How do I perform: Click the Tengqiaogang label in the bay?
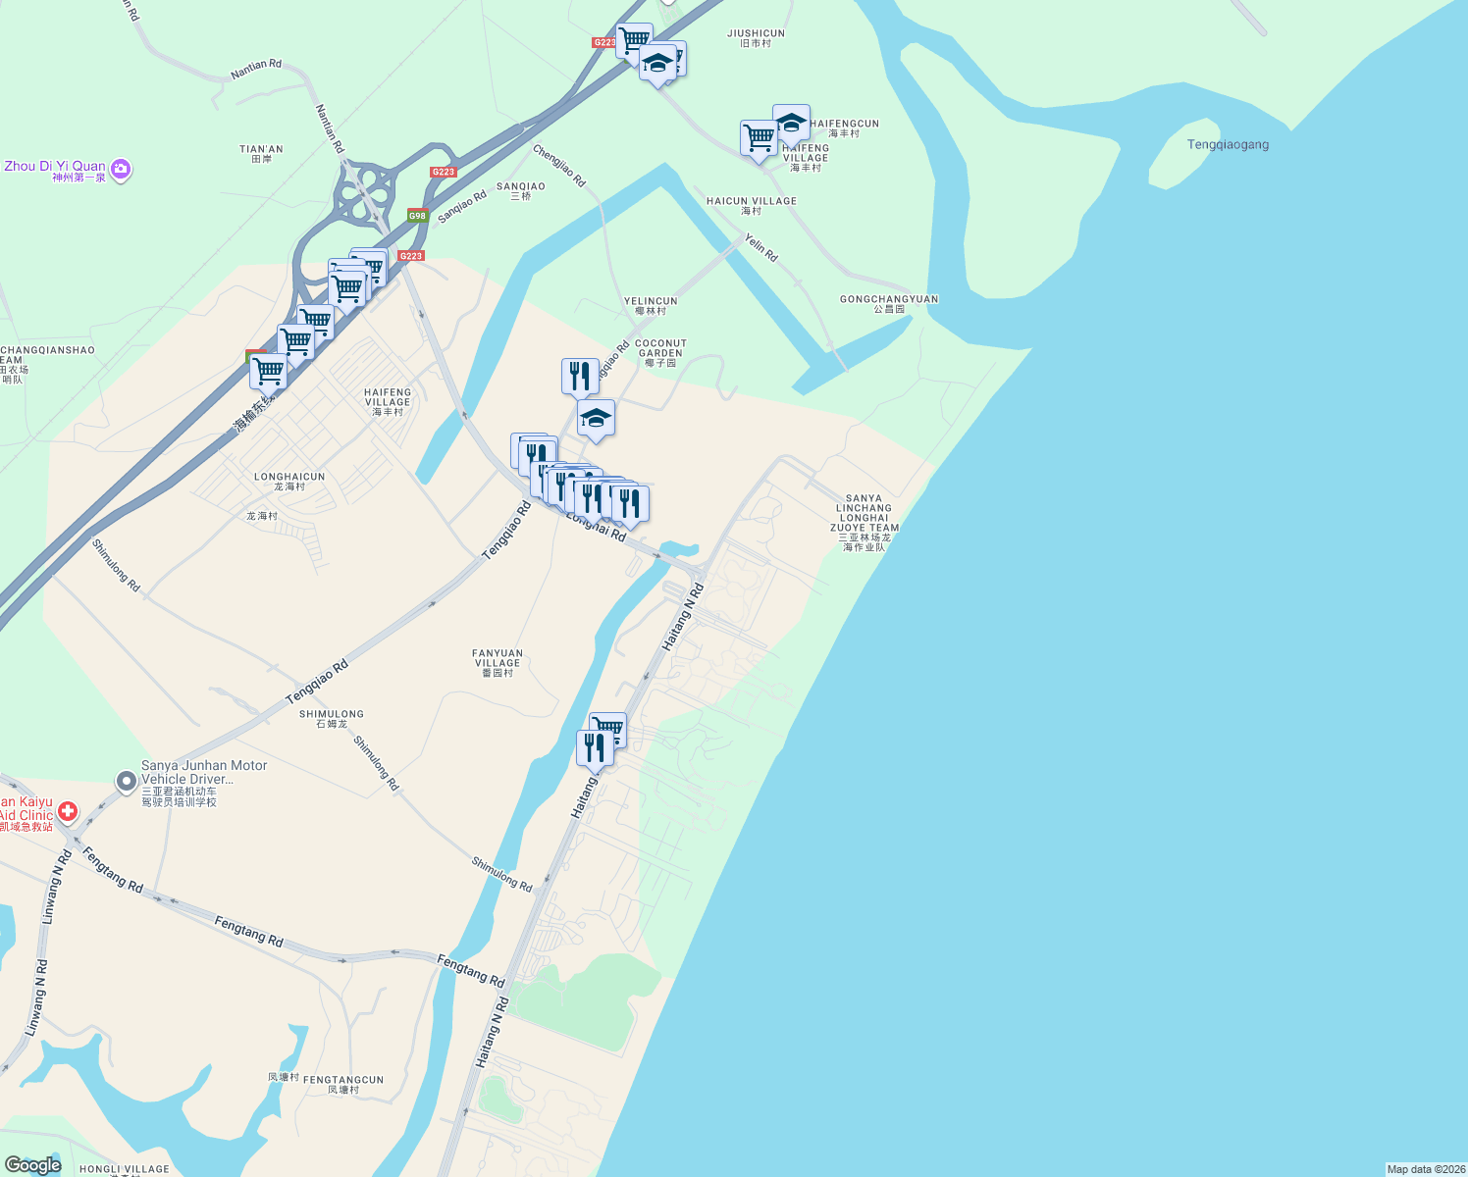point(1228,144)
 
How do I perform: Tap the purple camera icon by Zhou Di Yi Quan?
point(121,170)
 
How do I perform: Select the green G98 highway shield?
point(418,216)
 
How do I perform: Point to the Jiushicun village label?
point(756,37)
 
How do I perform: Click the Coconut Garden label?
point(660,353)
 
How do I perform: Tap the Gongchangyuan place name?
point(889,303)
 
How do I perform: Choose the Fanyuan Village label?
point(498,662)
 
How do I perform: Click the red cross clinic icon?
point(68,811)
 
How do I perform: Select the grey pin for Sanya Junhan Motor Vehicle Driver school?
point(127,782)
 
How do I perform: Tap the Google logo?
point(32,1165)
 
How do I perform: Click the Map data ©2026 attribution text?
point(1426,1169)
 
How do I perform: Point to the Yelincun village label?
point(651,306)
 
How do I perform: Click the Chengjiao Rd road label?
point(559,166)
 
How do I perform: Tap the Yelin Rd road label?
point(760,247)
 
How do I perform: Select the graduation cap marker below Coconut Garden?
point(596,419)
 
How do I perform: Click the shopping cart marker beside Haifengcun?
point(759,139)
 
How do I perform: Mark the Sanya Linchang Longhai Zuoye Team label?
point(865,522)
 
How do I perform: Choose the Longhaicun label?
point(289,481)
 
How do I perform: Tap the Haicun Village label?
point(752,205)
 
